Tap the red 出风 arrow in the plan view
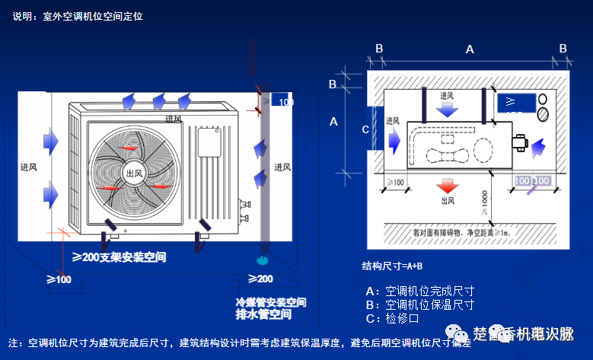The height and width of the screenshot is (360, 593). [448, 187]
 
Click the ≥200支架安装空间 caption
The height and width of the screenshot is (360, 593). [119, 258]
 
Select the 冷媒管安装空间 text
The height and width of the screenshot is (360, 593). [270, 302]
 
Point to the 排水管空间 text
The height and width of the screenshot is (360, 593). [263, 314]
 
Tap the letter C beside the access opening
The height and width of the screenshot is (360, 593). [365, 129]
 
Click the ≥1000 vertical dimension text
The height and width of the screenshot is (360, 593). [485, 204]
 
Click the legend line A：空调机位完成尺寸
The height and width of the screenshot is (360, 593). [420, 291]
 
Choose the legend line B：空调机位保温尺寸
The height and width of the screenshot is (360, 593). [420, 304]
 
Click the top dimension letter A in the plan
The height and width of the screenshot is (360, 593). [470, 49]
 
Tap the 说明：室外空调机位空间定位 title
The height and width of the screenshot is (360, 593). [77, 15]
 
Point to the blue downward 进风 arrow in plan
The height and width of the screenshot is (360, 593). [448, 109]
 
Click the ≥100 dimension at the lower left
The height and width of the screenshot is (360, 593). [59, 279]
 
